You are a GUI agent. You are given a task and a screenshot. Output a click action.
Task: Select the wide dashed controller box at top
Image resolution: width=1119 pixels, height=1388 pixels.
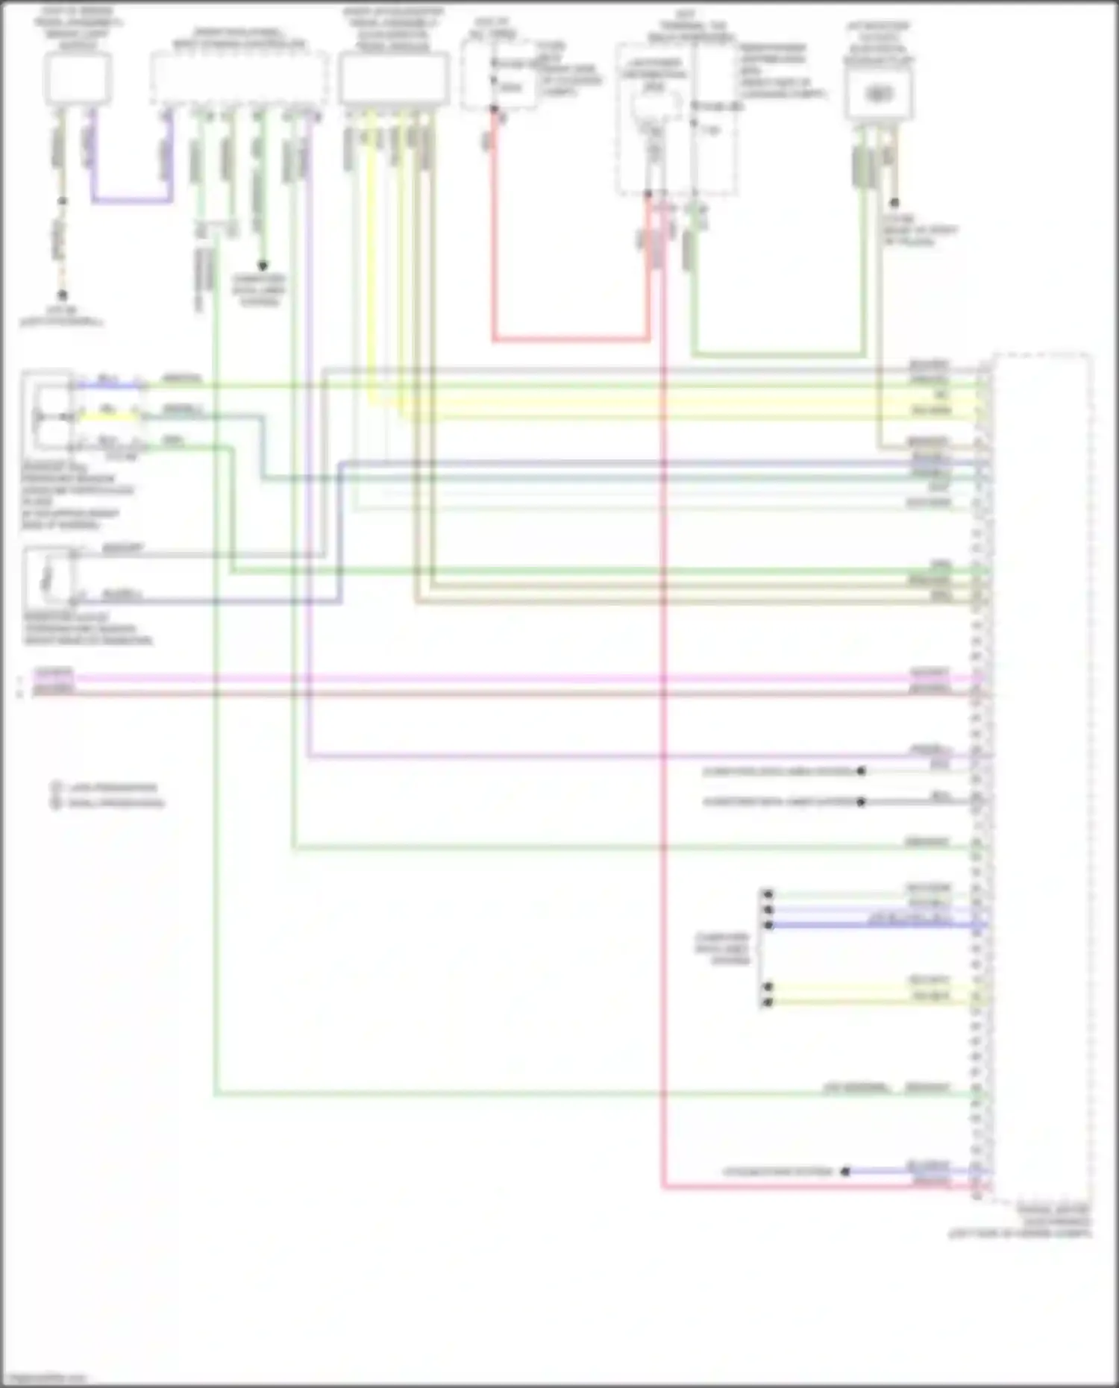point(239,78)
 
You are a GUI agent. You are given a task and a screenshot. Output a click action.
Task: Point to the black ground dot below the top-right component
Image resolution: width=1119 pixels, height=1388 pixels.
point(894,203)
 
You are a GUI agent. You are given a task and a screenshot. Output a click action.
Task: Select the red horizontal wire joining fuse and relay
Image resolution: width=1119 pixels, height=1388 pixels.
point(570,339)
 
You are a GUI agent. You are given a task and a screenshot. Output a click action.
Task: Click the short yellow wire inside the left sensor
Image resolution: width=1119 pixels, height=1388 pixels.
point(109,416)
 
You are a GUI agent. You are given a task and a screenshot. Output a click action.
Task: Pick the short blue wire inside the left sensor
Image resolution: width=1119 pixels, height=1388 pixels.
point(109,385)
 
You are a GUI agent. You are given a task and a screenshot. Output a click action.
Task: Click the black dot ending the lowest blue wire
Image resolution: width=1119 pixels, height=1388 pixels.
point(845,1172)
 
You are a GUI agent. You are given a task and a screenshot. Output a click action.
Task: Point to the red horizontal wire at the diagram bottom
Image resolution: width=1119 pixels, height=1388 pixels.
point(821,1186)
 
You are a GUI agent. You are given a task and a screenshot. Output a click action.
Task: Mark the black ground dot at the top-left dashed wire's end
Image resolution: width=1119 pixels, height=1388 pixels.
point(63,295)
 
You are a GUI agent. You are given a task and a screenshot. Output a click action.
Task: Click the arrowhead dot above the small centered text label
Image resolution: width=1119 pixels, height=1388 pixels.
point(263,266)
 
